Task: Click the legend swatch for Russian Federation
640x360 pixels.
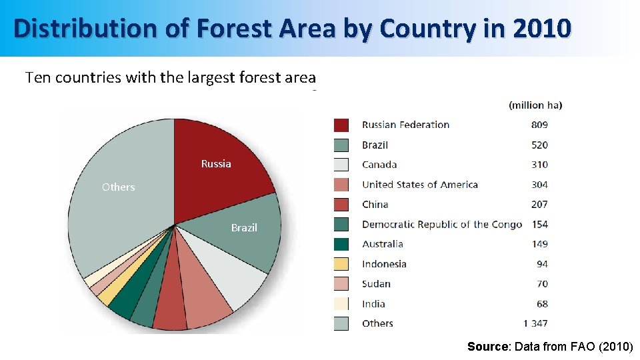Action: pyautogui.click(x=341, y=125)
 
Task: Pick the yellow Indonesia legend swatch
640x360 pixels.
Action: pyautogui.click(x=341, y=264)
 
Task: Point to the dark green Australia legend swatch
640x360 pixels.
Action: pyautogui.click(x=341, y=244)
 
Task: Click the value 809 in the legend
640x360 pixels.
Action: pyautogui.click(x=539, y=125)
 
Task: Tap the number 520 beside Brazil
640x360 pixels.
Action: pyautogui.click(x=539, y=145)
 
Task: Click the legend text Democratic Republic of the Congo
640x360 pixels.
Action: pyautogui.click(x=441, y=224)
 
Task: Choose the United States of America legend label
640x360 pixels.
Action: pyautogui.click(x=419, y=185)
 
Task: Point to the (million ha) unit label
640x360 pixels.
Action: pyautogui.click(x=535, y=105)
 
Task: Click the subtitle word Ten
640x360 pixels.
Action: pyautogui.click(x=38, y=77)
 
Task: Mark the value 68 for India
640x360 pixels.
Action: pyautogui.click(x=542, y=303)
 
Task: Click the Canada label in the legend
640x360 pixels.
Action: pyautogui.click(x=379, y=165)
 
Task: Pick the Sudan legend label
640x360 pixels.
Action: pyautogui.click(x=376, y=284)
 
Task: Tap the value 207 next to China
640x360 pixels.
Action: pyautogui.click(x=539, y=205)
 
